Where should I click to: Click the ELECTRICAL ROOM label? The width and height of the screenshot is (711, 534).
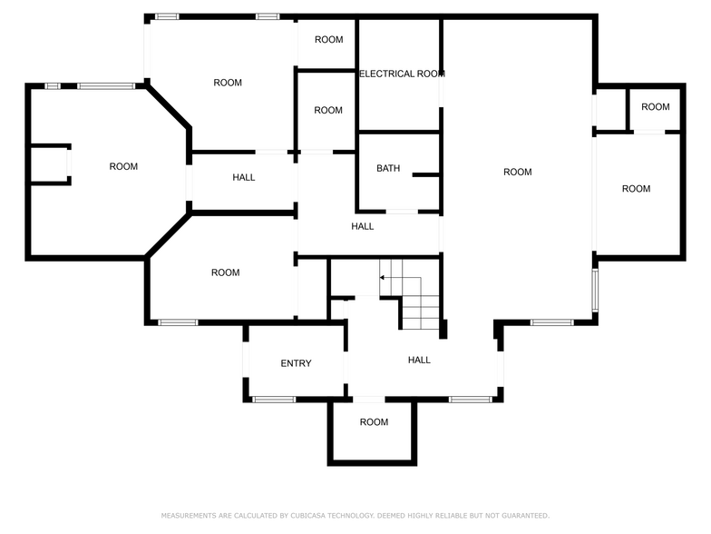click(400, 74)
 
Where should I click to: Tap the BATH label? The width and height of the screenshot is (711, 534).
click(388, 168)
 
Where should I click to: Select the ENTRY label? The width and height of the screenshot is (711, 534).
click(296, 363)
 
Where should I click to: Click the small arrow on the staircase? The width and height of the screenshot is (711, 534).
click(383, 276)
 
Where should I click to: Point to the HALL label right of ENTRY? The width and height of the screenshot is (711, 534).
click(419, 360)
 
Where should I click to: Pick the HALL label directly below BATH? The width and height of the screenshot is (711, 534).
click(363, 226)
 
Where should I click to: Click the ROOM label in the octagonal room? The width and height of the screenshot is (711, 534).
click(123, 166)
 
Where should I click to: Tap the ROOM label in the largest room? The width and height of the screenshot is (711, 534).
click(517, 172)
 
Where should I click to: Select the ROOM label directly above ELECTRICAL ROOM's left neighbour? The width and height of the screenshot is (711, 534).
click(328, 39)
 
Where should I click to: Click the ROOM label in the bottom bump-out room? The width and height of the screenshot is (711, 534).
click(374, 421)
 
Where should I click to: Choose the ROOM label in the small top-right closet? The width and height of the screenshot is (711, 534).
click(655, 106)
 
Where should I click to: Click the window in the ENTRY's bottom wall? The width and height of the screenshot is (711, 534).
click(273, 399)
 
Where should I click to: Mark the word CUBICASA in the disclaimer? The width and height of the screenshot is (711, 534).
click(314, 515)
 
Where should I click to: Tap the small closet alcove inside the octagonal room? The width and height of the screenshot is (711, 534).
click(49, 164)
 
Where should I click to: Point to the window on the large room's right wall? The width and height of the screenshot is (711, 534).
click(596, 289)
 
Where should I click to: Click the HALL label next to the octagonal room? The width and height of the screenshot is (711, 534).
click(243, 177)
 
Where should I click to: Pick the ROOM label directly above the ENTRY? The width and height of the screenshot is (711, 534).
click(225, 272)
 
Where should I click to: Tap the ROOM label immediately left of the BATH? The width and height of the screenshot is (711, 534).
click(328, 110)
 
